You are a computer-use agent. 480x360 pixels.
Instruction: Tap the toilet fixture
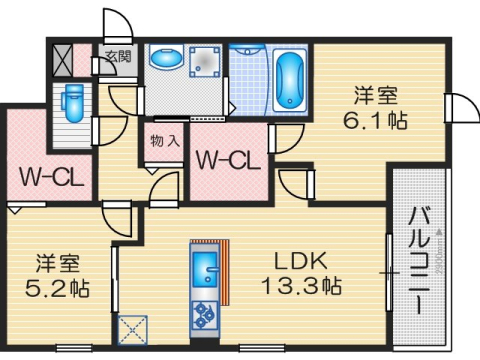click(x=70, y=102)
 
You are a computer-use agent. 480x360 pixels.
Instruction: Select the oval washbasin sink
click(x=163, y=60)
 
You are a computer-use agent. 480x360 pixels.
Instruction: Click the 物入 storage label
click(x=165, y=141)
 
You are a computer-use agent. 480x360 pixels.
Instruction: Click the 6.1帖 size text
click(x=376, y=119)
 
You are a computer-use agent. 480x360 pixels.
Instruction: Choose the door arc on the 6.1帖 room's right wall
click(x=460, y=108)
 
